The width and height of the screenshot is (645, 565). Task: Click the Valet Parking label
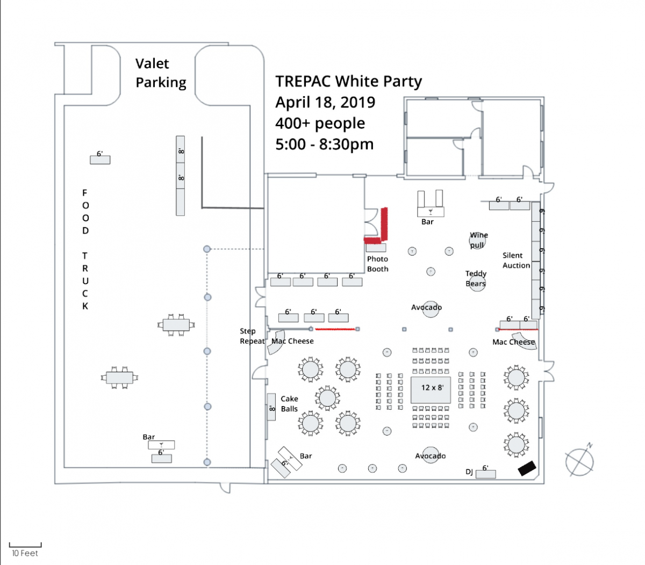tap(161, 73)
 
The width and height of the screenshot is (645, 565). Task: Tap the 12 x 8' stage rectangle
tap(431, 390)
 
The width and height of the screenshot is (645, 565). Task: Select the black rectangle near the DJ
tap(527, 468)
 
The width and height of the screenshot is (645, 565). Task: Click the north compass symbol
tap(579, 461)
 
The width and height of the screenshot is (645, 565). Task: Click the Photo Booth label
tap(377, 264)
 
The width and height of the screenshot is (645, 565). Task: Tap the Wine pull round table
tap(477, 241)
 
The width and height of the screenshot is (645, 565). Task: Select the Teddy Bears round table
tap(476, 283)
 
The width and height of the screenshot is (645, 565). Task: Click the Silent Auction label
tap(516, 260)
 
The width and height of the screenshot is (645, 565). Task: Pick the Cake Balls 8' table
tap(271, 407)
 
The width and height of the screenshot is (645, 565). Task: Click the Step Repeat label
tap(252, 336)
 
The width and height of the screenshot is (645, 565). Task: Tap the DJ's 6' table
tap(485, 474)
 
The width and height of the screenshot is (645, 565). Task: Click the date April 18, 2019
tap(325, 102)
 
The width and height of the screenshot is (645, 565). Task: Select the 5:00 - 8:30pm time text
tap(324, 144)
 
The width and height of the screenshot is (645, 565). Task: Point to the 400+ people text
tap(320, 124)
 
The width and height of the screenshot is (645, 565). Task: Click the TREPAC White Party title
tap(348, 82)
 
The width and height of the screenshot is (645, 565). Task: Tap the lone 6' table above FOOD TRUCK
tap(100, 160)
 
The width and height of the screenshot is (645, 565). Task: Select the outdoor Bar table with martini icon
tap(161, 445)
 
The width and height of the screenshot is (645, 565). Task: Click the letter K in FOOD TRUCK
tap(85, 306)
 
